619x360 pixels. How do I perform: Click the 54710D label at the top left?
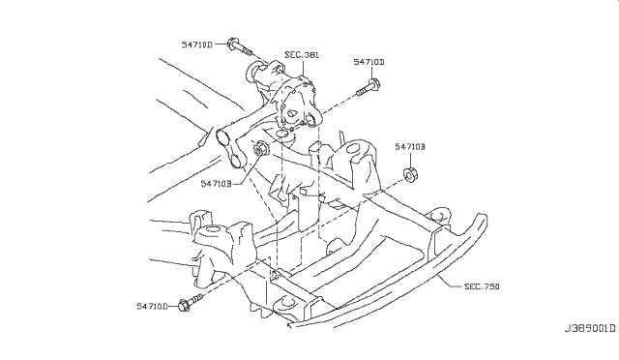(x=196, y=45)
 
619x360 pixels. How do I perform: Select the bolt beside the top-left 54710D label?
(x=240, y=47)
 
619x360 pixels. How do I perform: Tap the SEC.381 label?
(x=302, y=54)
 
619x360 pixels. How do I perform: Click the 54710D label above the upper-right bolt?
(x=368, y=62)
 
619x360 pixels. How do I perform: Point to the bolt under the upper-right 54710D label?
(x=368, y=88)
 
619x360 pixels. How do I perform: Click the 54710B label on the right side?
(x=410, y=146)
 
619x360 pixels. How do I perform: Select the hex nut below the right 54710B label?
(x=411, y=174)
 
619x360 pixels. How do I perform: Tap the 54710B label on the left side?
(x=216, y=184)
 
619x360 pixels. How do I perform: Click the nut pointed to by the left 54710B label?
(x=260, y=149)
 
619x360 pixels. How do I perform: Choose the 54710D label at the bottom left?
(x=153, y=306)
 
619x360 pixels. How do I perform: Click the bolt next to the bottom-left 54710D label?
(x=191, y=302)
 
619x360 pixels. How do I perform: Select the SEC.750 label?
(x=482, y=286)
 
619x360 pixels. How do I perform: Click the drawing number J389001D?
(x=589, y=328)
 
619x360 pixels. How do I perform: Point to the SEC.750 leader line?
(x=449, y=282)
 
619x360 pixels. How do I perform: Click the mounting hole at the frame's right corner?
(x=437, y=216)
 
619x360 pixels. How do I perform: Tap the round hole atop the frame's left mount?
(x=213, y=229)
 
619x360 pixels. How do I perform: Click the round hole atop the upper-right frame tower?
(x=354, y=149)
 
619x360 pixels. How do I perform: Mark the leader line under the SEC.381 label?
(x=303, y=68)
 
